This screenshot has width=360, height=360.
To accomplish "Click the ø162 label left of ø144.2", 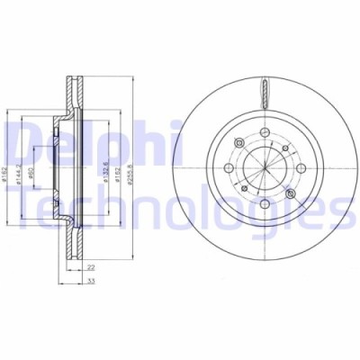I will [6, 168].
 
